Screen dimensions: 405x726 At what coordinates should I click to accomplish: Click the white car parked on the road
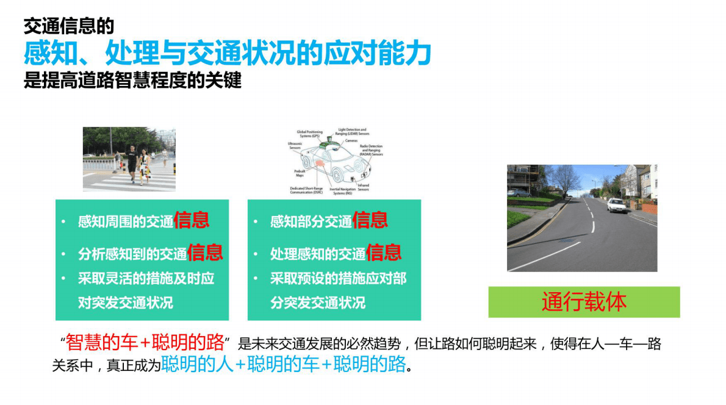[x=617, y=205]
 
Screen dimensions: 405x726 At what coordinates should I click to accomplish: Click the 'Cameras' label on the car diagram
[x=351, y=141]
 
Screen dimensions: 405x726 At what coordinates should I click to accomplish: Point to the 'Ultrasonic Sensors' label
[x=295, y=146]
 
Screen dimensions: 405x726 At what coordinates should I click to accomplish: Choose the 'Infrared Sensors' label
[x=363, y=187]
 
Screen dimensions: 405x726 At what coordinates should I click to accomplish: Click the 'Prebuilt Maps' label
[x=300, y=173]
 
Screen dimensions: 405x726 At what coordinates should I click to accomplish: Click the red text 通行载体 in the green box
[x=584, y=302]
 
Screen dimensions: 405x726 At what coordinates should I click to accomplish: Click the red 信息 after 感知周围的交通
[x=192, y=220]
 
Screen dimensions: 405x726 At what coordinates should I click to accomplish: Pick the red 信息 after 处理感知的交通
[x=384, y=253]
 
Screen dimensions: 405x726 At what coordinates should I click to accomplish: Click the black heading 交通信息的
[x=68, y=26]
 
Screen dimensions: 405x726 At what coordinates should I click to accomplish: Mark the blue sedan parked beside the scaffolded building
[x=518, y=192]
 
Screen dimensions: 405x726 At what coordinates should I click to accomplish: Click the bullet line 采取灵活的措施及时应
[x=146, y=279]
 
